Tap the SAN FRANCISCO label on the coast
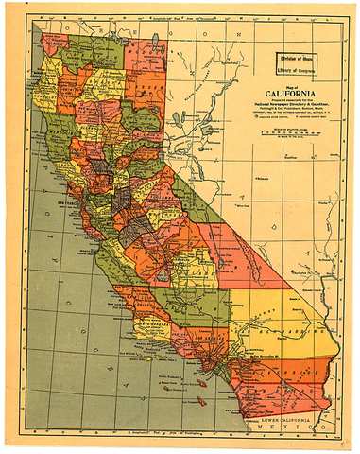(x=68, y=202)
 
